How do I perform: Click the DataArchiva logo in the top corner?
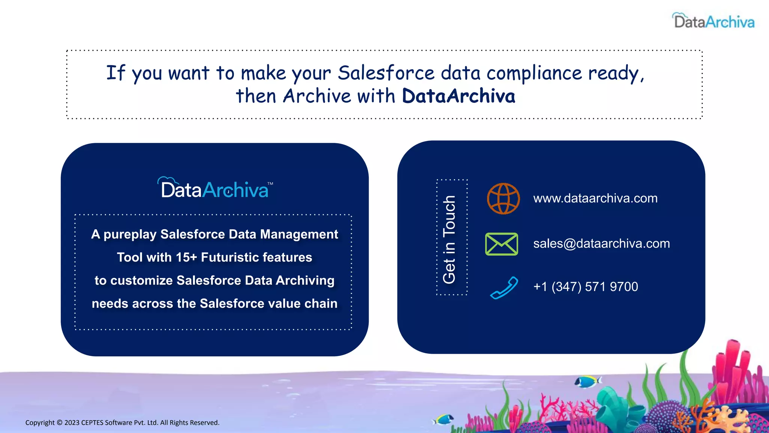click(x=713, y=21)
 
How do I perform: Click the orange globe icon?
click(x=503, y=198)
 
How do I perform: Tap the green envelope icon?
click(x=502, y=244)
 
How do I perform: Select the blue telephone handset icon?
click(x=504, y=288)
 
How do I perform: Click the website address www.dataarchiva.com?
click(x=595, y=198)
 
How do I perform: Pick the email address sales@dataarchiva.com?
click(x=601, y=244)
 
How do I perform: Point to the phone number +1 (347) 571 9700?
click(x=585, y=287)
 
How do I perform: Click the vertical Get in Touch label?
click(x=449, y=239)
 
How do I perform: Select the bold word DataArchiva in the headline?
click(x=458, y=96)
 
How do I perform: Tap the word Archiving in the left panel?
click(x=305, y=280)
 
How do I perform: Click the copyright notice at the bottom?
click(x=122, y=422)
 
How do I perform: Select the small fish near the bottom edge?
click(x=443, y=419)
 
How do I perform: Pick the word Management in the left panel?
click(x=299, y=234)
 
